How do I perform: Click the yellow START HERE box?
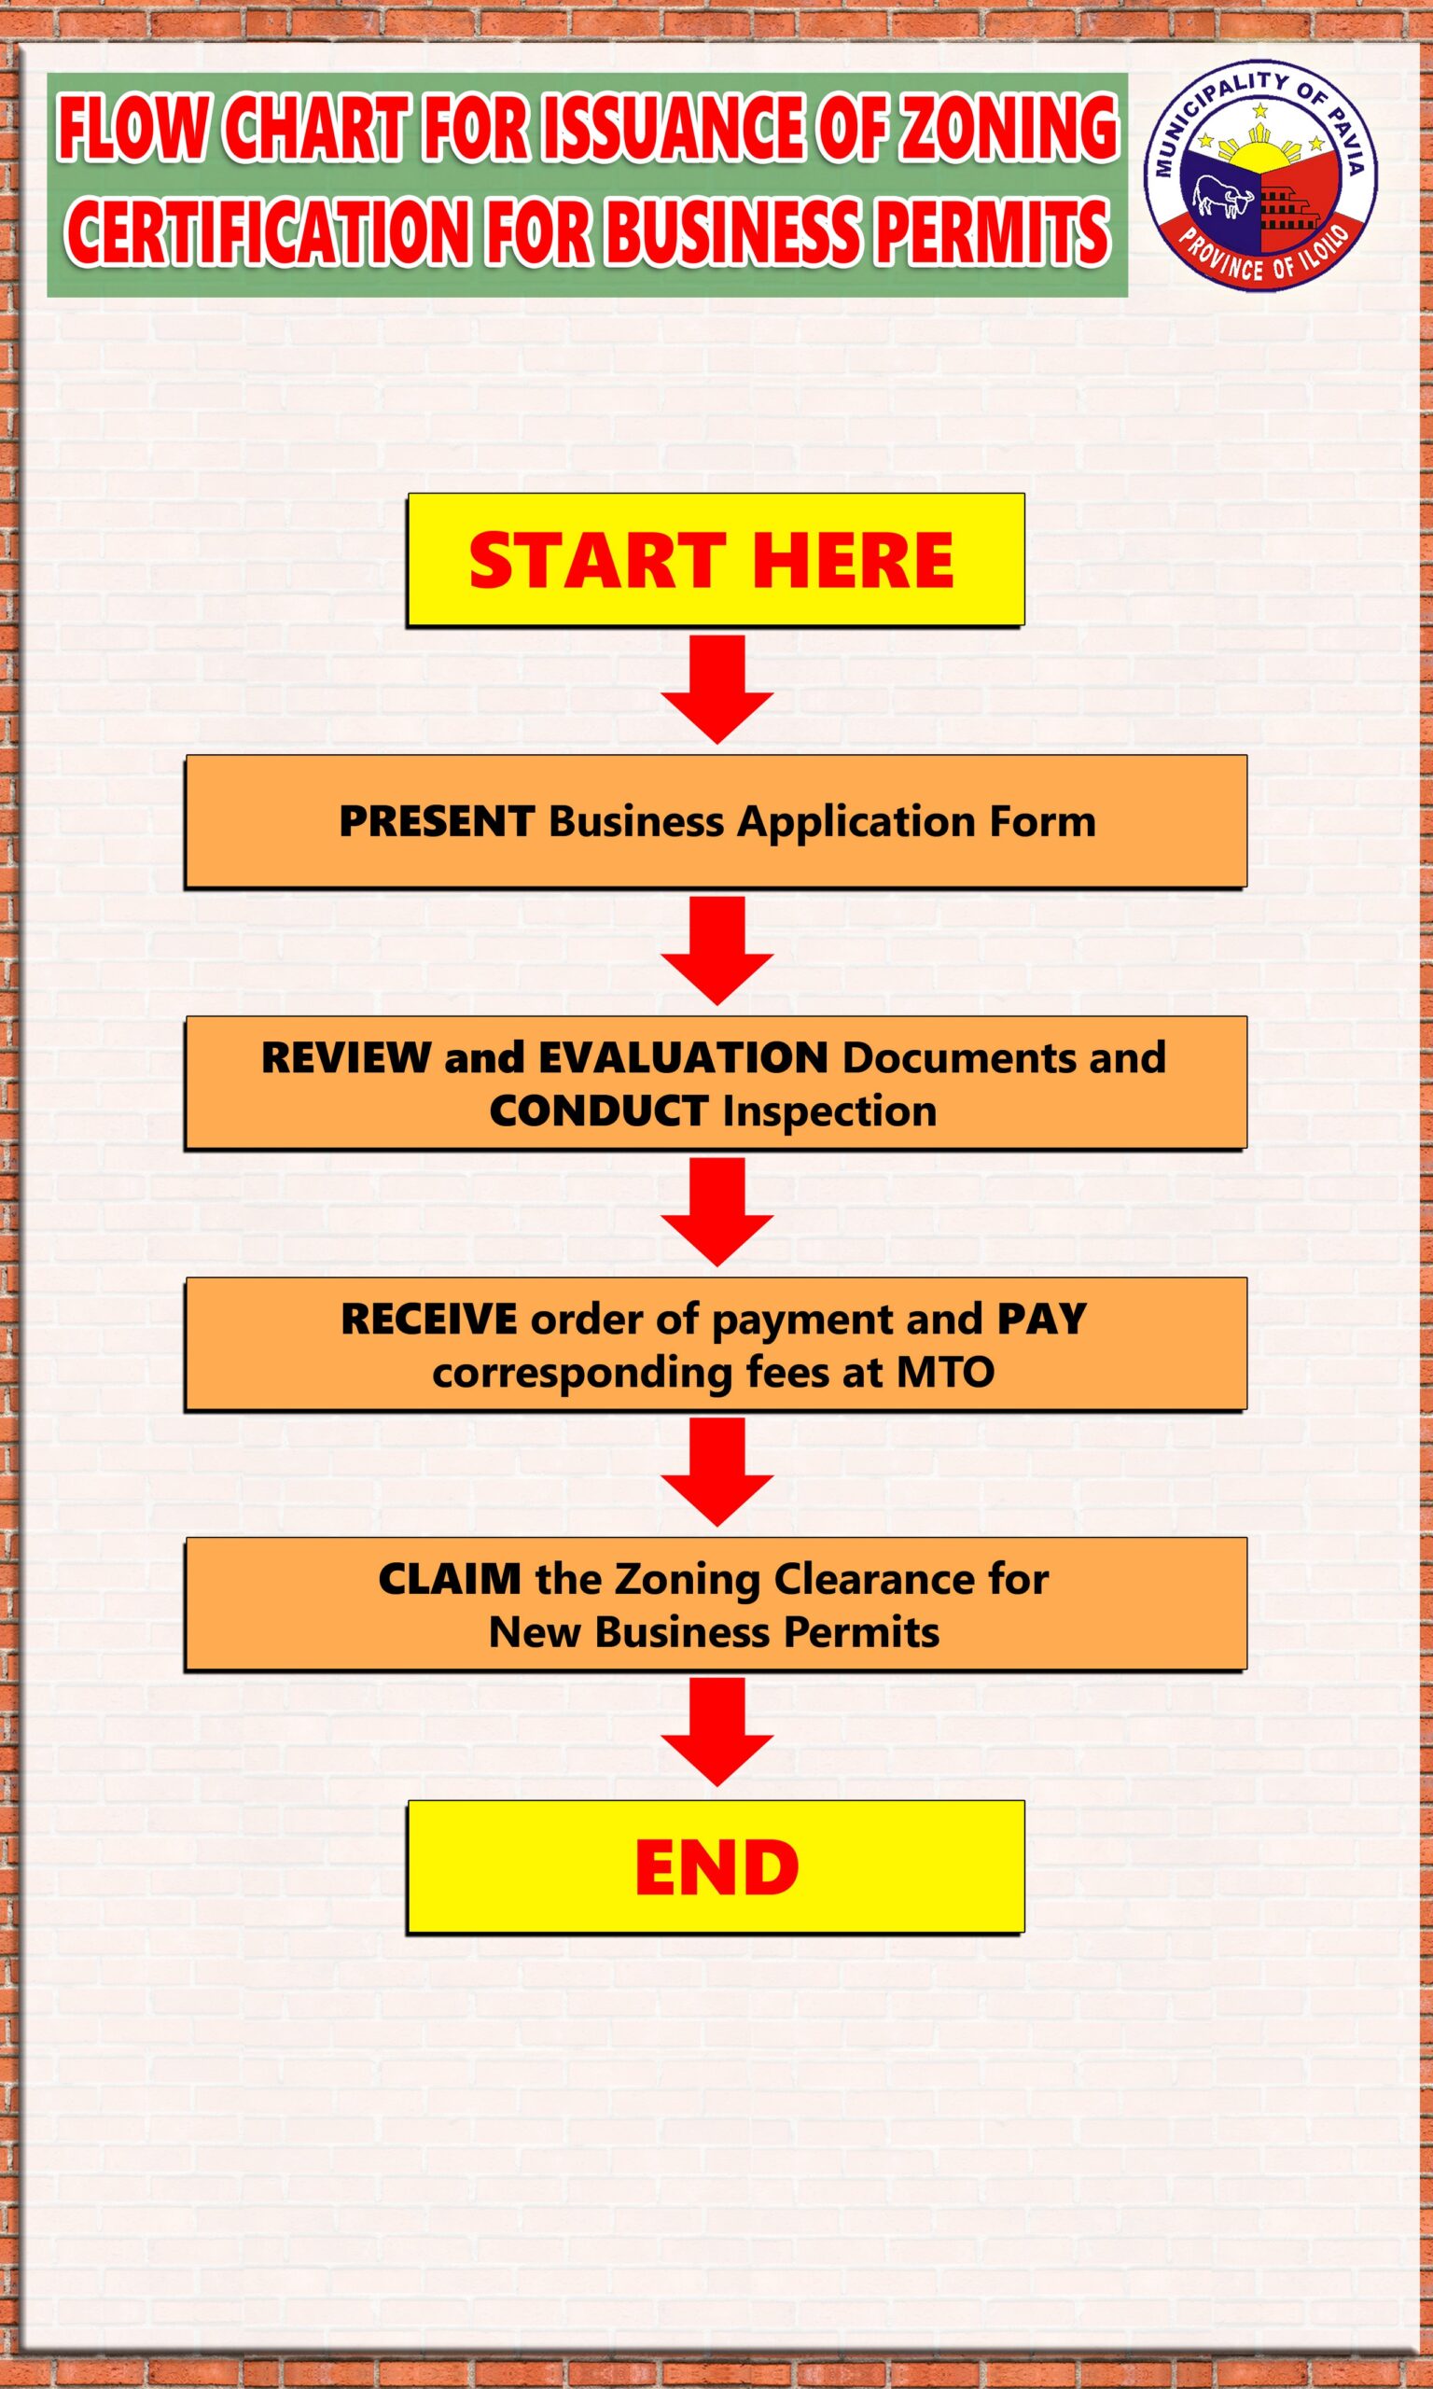point(715,559)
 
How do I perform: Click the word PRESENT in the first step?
point(437,822)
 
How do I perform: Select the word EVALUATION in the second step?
point(683,1057)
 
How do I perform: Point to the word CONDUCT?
point(599,1111)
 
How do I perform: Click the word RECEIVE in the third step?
point(429,1319)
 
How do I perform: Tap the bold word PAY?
point(1042,1319)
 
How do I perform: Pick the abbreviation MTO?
point(945,1372)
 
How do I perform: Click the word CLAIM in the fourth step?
point(450,1580)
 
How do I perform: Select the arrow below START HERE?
point(716,688)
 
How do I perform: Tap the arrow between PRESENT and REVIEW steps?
point(716,949)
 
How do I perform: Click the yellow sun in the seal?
point(1259,155)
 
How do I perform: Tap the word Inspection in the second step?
point(829,1111)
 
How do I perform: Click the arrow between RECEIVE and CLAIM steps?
point(716,1472)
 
